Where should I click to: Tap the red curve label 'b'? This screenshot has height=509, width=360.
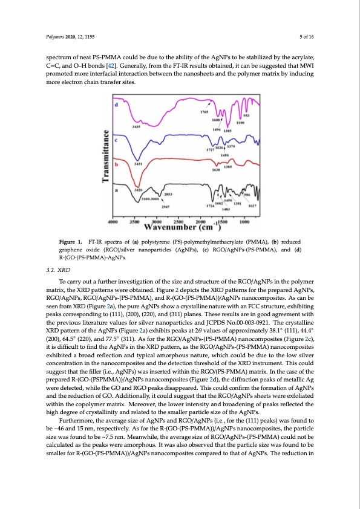point(116,163)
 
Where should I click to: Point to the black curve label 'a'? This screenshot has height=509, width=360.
point(116,189)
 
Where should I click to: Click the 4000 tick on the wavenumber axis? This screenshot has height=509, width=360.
point(114,222)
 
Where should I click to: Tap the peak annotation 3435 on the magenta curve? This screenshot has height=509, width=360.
point(137,127)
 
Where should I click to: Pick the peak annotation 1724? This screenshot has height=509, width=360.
point(210,206)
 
